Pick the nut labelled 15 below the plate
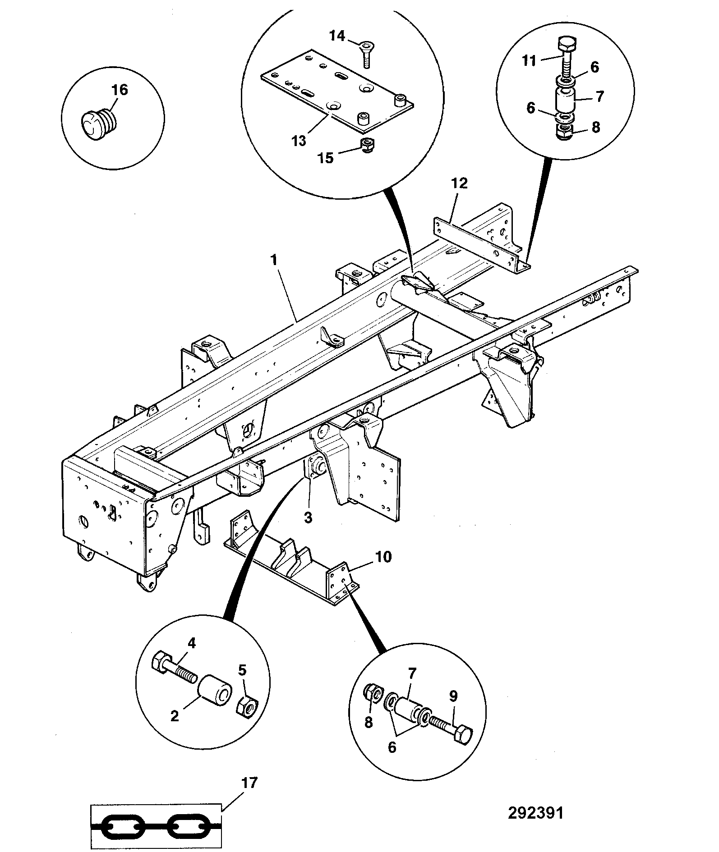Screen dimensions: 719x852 point(368,145)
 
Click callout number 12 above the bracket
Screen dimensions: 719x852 point(460,183)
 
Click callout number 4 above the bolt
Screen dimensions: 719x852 point(192,643)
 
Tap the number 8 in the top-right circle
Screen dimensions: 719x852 point(596,128)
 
